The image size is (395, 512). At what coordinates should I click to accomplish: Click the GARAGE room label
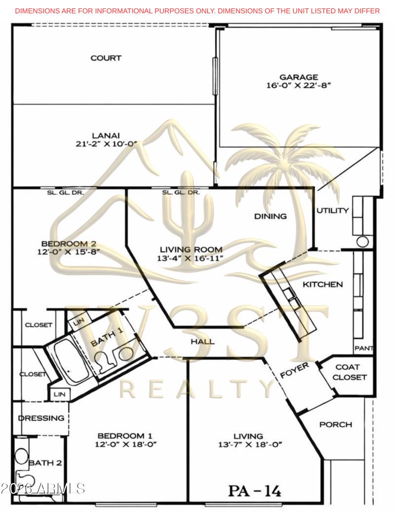(298, 77)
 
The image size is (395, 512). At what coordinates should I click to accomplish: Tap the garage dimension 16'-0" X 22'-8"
(298, 85)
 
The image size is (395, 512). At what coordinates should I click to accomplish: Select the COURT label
(106, 58)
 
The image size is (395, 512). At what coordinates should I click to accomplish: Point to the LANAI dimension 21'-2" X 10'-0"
(106, 144)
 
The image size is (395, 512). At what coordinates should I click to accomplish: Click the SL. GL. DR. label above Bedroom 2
(65, 193)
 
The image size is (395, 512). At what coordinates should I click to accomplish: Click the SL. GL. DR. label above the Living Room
(181, 193)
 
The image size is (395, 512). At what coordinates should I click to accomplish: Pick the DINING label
(270, 216)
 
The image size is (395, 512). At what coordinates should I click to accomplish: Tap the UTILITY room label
(332, 211)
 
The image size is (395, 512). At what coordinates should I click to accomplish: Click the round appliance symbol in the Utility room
(363, 242)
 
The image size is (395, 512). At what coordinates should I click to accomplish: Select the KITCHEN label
(322, 285)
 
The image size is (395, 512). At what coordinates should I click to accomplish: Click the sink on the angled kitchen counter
(291, 299)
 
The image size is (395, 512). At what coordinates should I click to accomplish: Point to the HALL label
(203, 341)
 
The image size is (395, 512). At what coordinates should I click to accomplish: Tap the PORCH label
(336, 425)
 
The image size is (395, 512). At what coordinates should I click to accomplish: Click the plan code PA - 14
(254, 491)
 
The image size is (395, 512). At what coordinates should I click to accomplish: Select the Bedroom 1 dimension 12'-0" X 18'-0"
(125, 444)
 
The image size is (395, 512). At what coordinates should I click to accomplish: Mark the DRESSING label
(41, 418)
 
